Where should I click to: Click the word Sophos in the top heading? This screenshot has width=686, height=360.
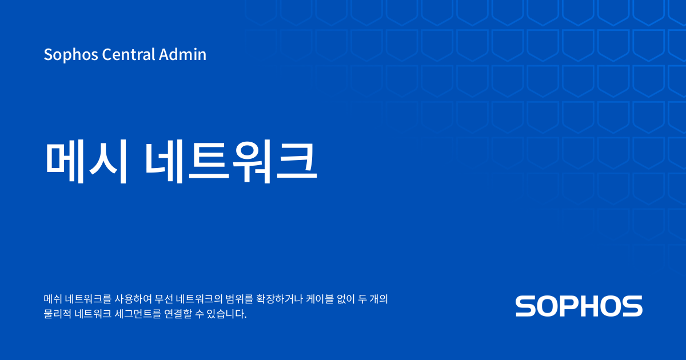(71, 55)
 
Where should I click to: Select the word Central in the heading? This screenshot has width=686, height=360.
(129, 54)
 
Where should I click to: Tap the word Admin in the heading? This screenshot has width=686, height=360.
(182, 54)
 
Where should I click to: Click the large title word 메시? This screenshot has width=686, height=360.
(86, 161)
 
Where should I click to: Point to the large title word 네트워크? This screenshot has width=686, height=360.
(231, 161)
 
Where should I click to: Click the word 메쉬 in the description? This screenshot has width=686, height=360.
(53, 299)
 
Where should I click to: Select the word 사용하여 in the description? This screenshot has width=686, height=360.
(133, 299)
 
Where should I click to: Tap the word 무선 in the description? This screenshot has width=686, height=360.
(163, 299)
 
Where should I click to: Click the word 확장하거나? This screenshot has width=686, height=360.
(280, 299)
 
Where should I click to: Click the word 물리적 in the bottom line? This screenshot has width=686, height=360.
(58, 314)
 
